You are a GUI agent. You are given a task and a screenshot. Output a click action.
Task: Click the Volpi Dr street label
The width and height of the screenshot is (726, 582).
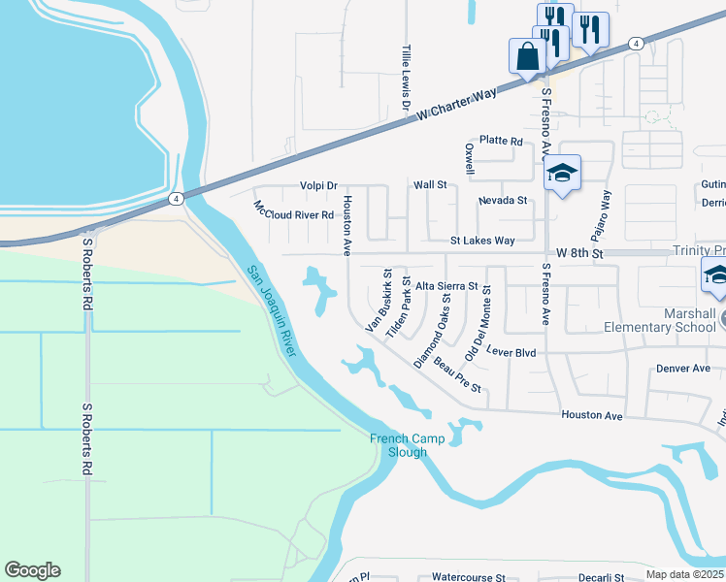pos(317,185)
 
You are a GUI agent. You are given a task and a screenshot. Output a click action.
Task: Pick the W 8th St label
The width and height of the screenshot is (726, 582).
pos(577,253)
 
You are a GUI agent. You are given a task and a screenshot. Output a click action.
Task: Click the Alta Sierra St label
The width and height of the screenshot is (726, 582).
pos(446,286)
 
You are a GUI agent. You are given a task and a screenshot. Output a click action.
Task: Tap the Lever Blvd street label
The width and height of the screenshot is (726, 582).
pos(511,352)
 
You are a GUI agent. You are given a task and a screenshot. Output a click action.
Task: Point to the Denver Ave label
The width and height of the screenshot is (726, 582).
pos(683,369)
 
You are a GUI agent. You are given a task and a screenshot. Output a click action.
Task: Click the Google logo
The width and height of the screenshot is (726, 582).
pos(32,570)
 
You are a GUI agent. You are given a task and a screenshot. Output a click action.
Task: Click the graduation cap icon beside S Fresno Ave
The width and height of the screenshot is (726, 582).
pos(562,175)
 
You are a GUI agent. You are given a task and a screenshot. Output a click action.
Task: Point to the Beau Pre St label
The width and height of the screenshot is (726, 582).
pos(458,380)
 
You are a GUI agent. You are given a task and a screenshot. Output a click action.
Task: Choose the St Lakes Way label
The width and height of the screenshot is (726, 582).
pos(482,240)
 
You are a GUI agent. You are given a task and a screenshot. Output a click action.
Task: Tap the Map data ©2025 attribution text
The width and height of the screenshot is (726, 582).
pos(683,574)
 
